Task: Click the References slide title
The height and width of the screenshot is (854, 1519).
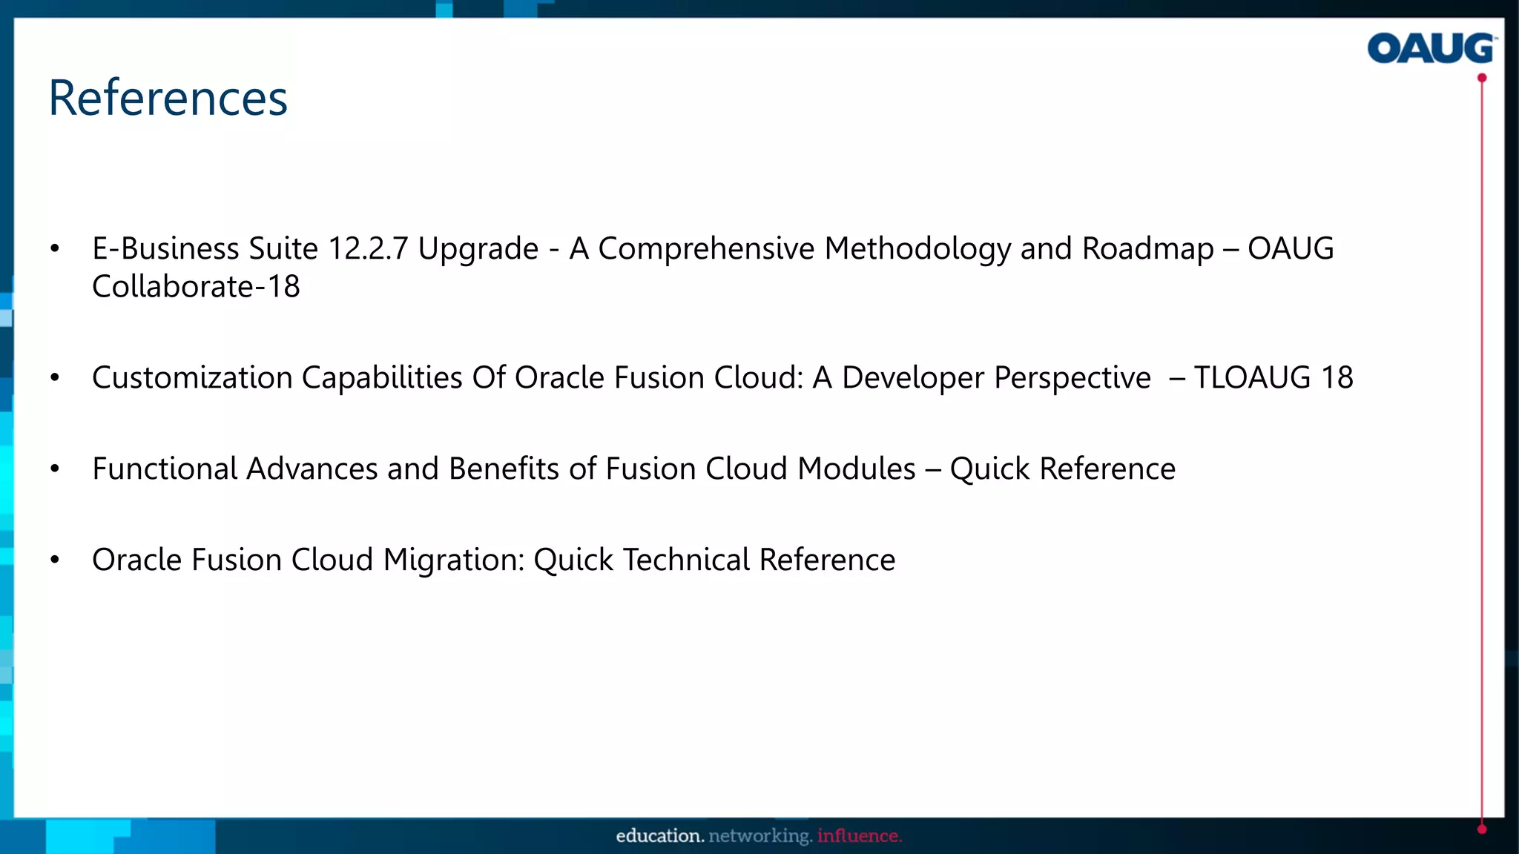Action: [168, 98]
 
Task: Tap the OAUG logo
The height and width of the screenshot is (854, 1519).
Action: [1431, 49]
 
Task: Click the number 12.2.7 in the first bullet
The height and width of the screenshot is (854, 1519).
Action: [368, 249]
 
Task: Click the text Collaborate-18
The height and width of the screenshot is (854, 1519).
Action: [196, 287]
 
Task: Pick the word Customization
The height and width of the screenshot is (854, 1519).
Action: [192, 378]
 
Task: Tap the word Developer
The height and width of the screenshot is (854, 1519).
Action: [913, 378]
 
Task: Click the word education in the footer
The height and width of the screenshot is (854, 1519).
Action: [659, 836]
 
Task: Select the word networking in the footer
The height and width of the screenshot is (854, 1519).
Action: [760, 836]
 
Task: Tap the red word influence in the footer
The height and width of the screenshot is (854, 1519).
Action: [859, 836]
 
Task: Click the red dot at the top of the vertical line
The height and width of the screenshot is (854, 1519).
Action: [1482, 78]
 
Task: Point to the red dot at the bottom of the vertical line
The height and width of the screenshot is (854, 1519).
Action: [1482, 830]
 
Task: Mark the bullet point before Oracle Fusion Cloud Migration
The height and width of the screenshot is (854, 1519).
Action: [55, 560]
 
